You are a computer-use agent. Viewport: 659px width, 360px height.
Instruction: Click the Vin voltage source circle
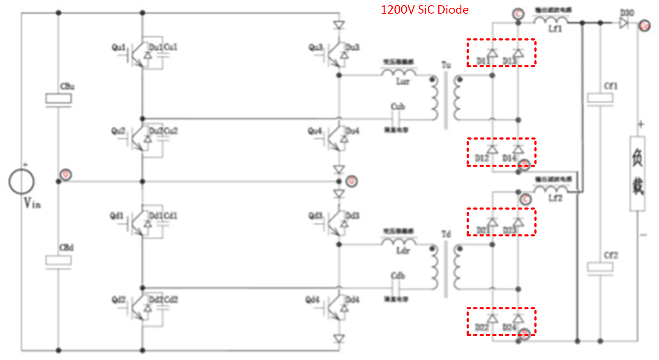click(x=21, y=181)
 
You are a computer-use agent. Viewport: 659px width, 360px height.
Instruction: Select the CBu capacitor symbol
click(x=58, y=99)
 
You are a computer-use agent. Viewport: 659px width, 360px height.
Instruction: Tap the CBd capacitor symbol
click(x=58, y=260)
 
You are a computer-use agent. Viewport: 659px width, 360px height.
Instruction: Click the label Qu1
click(x=118, y=47)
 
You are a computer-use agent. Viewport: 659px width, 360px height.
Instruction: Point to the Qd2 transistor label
click(x=118, y=300)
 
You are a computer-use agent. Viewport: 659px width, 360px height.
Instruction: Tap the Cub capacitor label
click(x=398, y=106)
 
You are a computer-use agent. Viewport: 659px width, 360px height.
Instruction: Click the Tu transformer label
click(x=446, y=65)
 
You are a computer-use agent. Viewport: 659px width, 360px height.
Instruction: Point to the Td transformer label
click(x=446, y=234)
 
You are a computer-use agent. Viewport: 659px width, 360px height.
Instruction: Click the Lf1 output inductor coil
click(x=550, y=20)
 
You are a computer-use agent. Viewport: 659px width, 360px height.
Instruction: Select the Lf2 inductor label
click(x=555, y=198)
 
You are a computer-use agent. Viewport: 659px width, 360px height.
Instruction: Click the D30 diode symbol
click(x=624, y=23)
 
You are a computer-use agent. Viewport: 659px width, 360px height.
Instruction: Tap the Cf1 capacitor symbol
click(x=600, y=98)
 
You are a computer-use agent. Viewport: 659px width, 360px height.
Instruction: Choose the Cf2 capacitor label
click(x=611, y=255)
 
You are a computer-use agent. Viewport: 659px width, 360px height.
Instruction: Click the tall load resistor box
click(x=637, y=173)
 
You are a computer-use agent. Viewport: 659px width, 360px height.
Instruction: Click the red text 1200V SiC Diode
click(x=424, y=10)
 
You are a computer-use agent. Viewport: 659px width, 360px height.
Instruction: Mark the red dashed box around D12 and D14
click(x=501, y=152)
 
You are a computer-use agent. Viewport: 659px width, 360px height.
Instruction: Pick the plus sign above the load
click(x=641, y=124)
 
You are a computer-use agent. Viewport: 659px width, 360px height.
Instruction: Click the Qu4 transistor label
click(x=315, y=131)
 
